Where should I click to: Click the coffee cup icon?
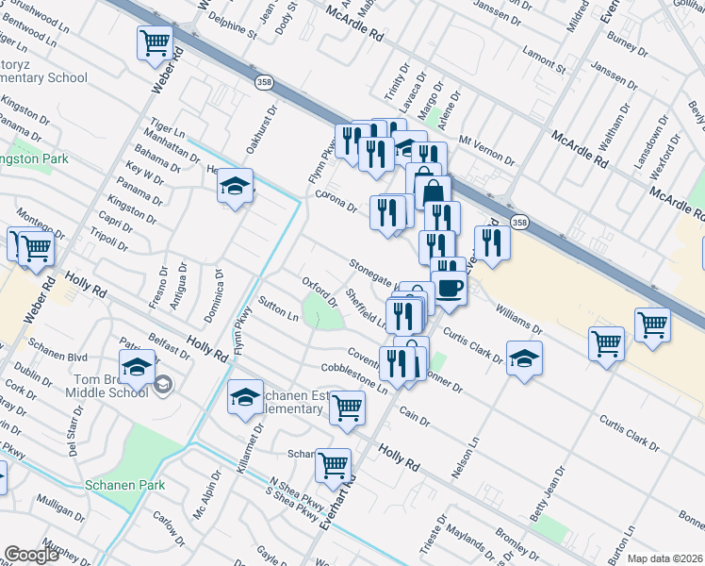click(449, 287)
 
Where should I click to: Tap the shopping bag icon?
click(432, 191)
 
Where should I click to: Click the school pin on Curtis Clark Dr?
click(523, 358)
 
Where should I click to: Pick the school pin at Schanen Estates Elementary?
click(245, 397)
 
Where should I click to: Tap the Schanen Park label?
click(124, 485)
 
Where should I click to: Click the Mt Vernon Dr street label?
click(486, 148)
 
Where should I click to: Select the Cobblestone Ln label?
click(354, 376)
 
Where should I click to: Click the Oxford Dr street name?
click(319, 285)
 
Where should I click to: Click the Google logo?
click(31, 555)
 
